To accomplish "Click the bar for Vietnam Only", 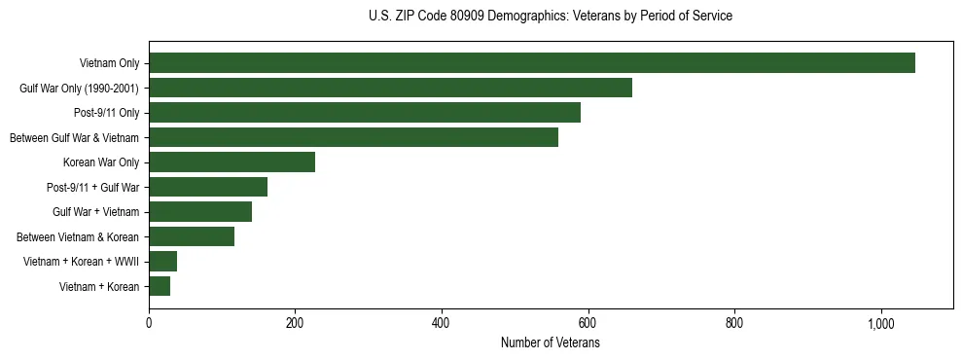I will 532,63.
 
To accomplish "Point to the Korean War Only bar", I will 232,162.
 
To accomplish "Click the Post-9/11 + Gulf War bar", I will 208,187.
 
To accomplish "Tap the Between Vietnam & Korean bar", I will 192,236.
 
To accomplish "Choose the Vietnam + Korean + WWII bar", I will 162,262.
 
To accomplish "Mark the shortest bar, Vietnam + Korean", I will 160,286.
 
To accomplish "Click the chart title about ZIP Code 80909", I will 551,17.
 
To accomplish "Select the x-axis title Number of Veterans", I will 551,343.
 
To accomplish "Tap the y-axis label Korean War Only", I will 101,162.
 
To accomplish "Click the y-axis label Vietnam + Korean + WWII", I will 87,262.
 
